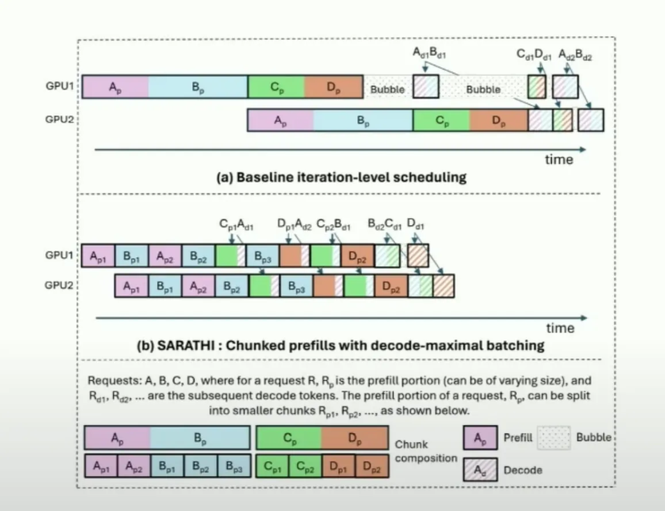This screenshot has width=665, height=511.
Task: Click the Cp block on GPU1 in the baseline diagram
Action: coord(276,87)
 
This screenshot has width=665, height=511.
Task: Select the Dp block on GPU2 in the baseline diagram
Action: coord(498,121)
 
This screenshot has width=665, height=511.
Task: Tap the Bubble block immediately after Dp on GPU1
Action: coord(388,89)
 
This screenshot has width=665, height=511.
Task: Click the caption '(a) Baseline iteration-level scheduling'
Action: coord(341,177)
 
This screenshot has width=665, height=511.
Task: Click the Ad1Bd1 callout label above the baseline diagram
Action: coord(429,55)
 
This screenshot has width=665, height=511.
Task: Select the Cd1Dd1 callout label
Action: coord(534,55)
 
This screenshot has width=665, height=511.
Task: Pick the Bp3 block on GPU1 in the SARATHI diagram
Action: coord(262,256)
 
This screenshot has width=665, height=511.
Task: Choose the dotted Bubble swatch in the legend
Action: coord(554,438)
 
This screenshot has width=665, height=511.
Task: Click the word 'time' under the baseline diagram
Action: coord(558,160)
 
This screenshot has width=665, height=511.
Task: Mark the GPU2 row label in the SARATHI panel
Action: coord(60,286)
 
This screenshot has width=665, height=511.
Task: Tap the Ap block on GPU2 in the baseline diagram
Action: coord(280,121)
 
